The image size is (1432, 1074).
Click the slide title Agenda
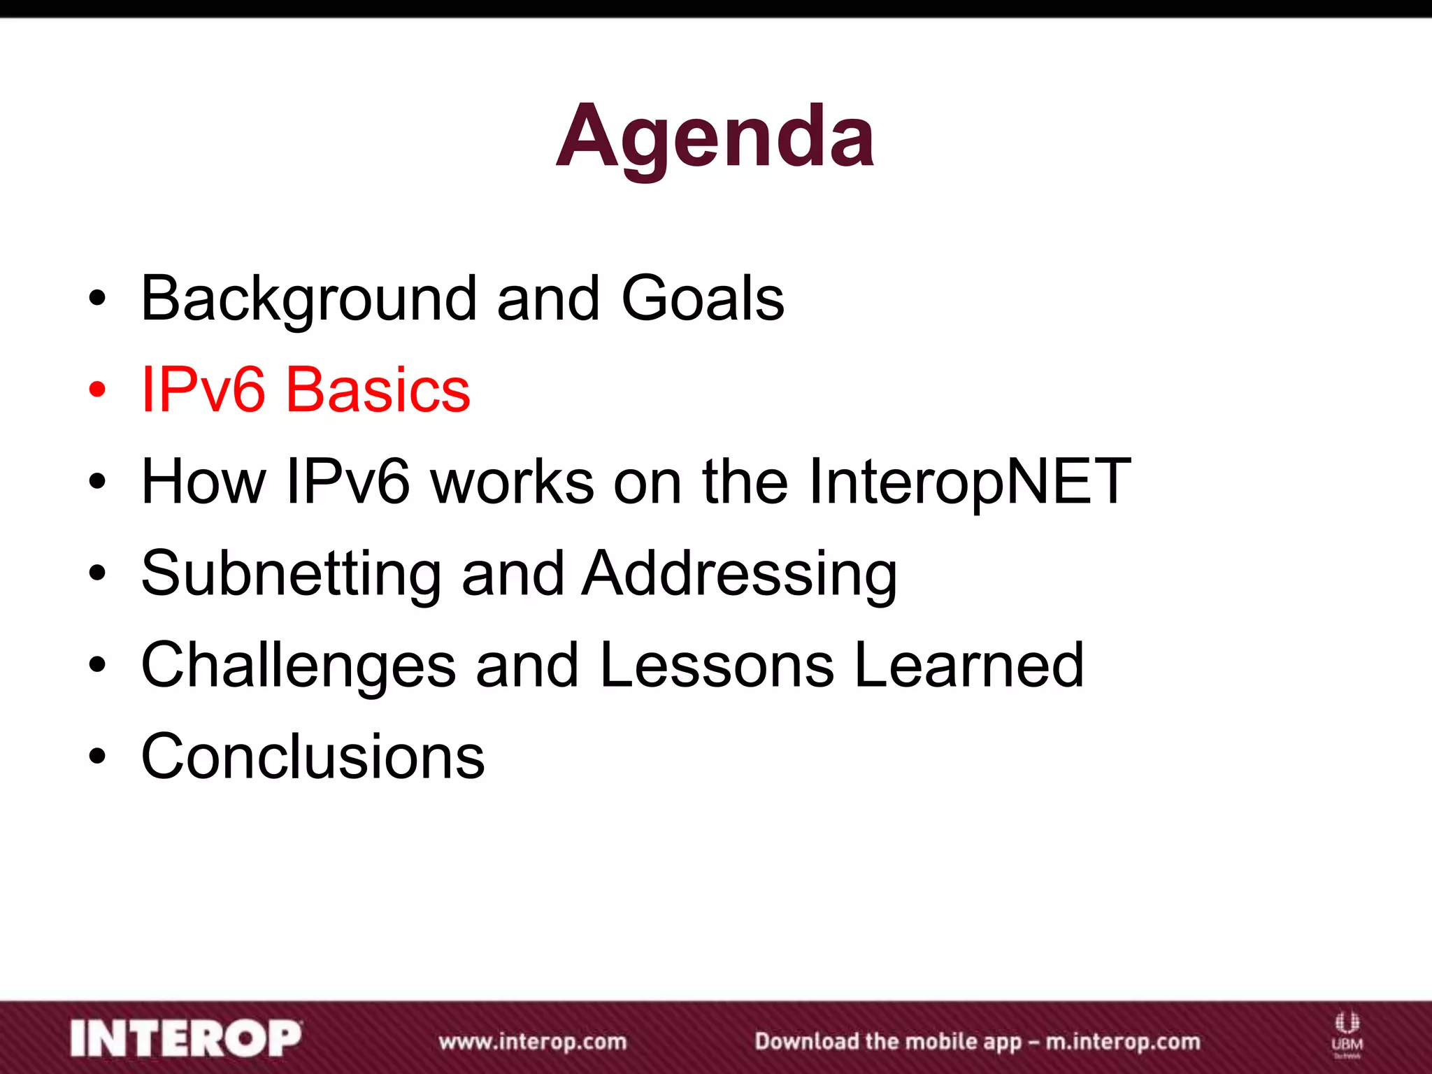tap(715, 136)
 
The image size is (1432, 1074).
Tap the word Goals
tap(702, 299)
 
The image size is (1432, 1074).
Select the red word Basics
tap(378, 390)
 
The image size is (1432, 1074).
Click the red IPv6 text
tap(203, 390)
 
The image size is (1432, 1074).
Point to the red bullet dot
tap(97, 390)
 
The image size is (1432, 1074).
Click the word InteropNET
tap(969, 482)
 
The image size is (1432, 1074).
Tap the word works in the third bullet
tap(512, 482)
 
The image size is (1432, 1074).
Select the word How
tap(203, 482)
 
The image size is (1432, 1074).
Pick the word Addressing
tap(740, 574)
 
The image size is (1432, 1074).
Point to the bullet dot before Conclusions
tap(97, 757)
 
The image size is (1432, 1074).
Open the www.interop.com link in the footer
tap(533, 1042)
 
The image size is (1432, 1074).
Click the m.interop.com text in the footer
tap(1122, 1042)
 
